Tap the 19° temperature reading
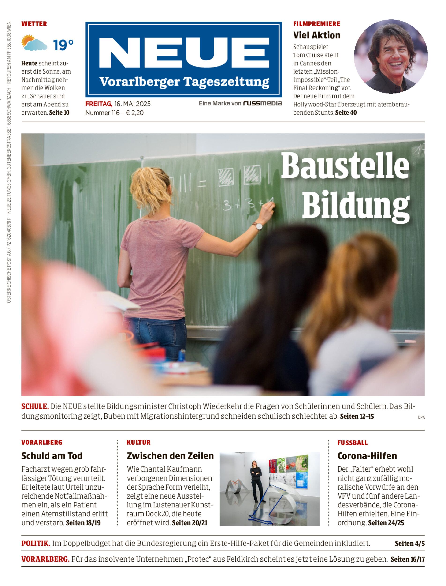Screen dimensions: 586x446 [63, 45]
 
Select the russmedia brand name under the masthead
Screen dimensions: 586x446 [262, 103]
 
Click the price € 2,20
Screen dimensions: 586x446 [135, 113]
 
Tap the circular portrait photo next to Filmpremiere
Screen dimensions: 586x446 [390, 56]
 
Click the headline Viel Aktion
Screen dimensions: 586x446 [316, 35]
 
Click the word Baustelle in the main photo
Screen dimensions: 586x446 [345, 167]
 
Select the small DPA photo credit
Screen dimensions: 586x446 [421, 417]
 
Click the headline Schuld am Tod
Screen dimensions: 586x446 [52, 456]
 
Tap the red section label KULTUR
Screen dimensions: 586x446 [138, 442]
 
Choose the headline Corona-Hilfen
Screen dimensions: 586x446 [367, 456]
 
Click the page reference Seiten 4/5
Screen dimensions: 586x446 [409, 544]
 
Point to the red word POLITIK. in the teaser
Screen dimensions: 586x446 [36, 544]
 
